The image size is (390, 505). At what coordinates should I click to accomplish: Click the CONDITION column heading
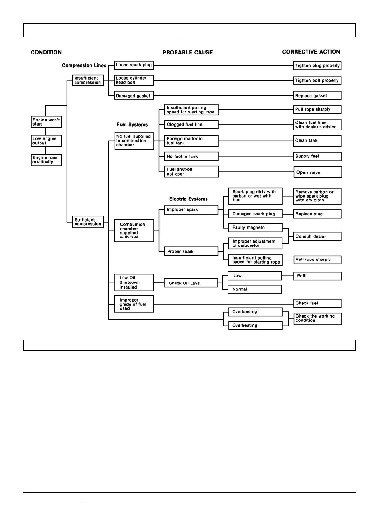tap(46, 52)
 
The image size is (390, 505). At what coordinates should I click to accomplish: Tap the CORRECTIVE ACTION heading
tap(311, 52)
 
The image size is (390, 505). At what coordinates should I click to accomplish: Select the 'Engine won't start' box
tap(46, 122)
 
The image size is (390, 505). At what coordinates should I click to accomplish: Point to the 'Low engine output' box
tap(46, 141)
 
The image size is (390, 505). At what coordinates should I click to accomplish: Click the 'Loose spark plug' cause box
tap(134, 65)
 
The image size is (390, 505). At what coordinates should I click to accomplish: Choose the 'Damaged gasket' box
tap(134, 96)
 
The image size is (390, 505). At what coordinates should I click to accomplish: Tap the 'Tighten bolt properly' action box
tap(317, 81)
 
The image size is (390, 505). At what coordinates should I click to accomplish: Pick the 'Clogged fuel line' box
tap(191, 125)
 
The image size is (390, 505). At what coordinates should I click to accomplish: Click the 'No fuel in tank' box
tap(191, 157)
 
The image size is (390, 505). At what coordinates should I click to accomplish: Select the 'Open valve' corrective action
tap(317, 172)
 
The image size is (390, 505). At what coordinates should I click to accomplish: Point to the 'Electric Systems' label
tap(188, 199)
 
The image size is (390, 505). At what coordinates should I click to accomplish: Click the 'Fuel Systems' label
tap(132, 125)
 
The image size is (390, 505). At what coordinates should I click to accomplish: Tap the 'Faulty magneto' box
tap(255, 228)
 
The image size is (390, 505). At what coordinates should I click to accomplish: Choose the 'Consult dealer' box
tap(317, 237)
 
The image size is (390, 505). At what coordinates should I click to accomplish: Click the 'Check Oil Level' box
tap(191, 283)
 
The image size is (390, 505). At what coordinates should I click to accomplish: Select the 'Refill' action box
tap(317, 276)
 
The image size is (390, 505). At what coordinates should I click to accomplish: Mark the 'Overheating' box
tap(255, 326)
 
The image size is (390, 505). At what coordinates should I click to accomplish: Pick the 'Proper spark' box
tap(191, 252)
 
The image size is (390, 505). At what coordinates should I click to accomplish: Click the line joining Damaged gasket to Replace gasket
tap(223, 96)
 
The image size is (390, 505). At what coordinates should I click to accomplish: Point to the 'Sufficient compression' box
tap(88, 222)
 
